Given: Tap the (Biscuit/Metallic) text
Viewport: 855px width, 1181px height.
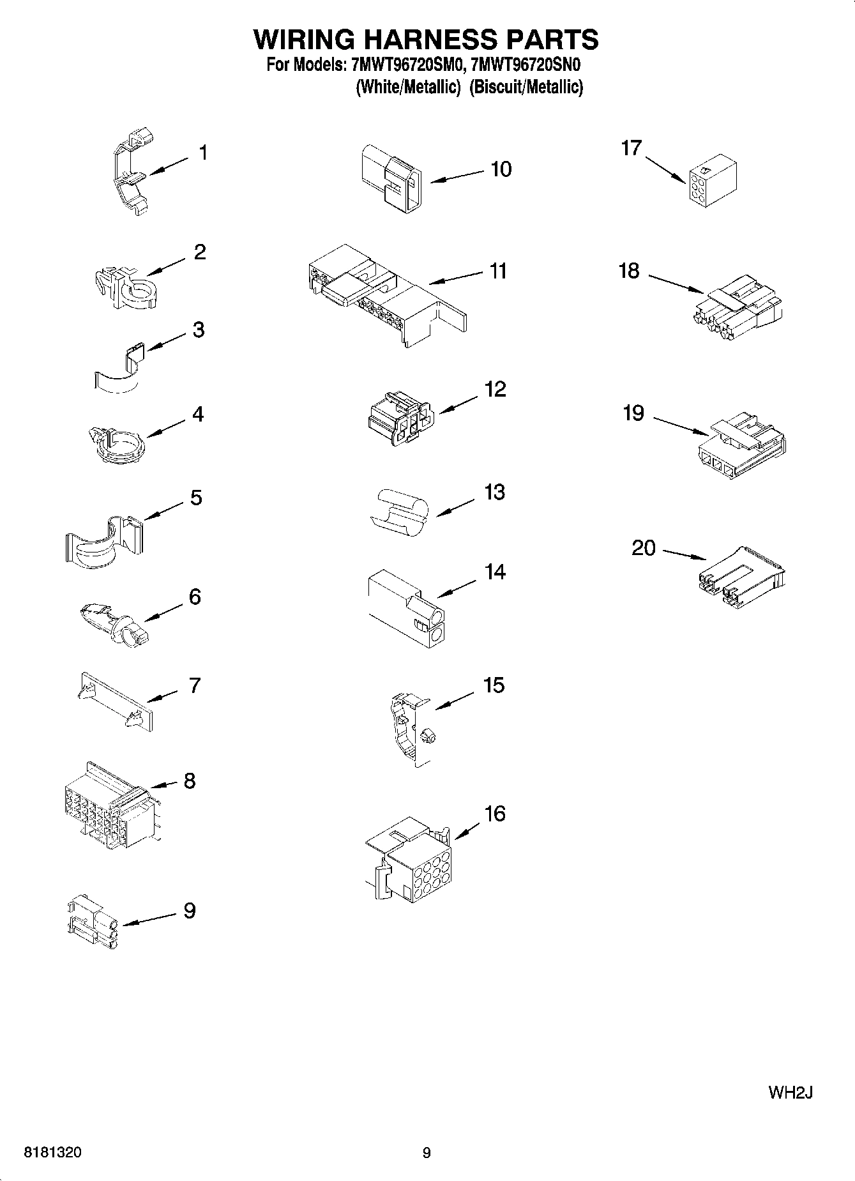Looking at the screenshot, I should point(526,87).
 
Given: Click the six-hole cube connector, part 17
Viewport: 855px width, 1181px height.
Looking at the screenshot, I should point(713,181).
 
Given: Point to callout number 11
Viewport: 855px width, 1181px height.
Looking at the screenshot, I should point(498,271).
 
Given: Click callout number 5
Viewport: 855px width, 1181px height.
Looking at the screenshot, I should point(196,497).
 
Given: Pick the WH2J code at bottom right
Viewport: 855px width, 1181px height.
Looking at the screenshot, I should point(790,1092).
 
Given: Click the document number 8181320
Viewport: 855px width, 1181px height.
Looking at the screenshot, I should point(52,1153).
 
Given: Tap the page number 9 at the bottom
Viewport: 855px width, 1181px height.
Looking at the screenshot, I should point(427,1153).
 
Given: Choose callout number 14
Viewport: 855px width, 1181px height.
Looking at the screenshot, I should point(495,572).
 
